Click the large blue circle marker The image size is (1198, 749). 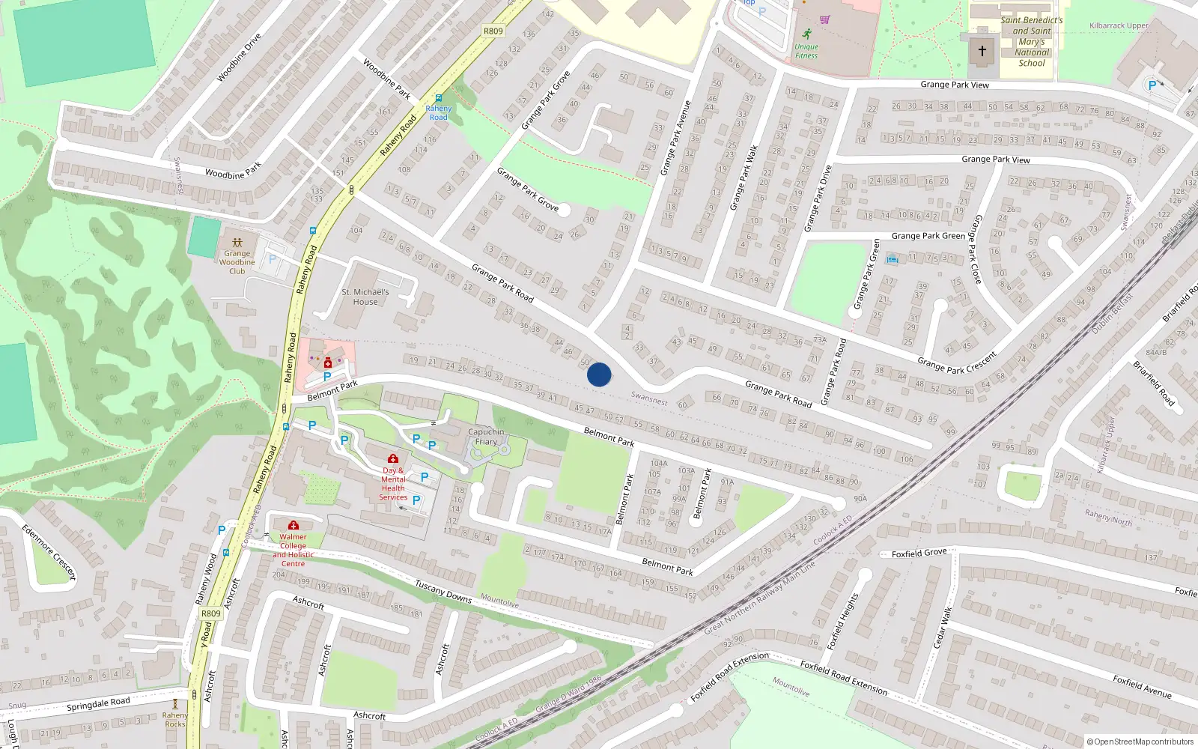(x=599, y=374)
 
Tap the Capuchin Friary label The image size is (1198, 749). (x=486, y=437)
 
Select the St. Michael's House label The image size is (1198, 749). (x=365, y=297)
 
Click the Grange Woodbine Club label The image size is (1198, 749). (x=237, y=262)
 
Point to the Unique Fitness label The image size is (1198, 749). (x=806, y=51)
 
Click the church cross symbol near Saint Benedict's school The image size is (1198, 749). (x=982, y=52)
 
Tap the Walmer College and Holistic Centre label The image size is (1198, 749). (x=294, y=550)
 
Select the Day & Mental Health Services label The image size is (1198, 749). (x=393, y=484)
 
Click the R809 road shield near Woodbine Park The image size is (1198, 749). (x=493, y=31)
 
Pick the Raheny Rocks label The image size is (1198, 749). (x=174, y=720)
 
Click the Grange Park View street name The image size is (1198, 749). (x=954, y=85)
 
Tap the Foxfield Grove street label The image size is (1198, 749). (x=919, y=554)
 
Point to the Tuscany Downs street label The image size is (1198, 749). (x=443, y=591)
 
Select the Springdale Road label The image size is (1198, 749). (x=98, y=704)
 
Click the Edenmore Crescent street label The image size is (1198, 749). (x=49, y=553)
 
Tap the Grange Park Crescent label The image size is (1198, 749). (x=957, y=363)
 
